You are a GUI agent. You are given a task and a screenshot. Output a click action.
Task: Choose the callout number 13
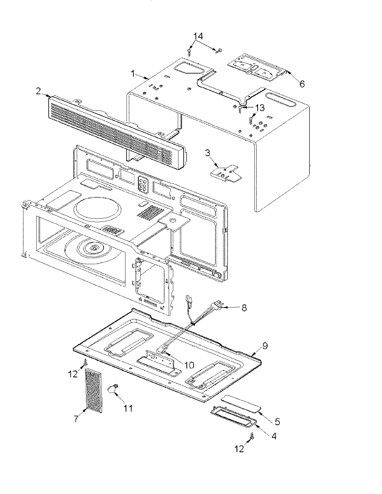259,108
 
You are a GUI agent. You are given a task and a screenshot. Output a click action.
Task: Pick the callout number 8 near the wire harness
244,308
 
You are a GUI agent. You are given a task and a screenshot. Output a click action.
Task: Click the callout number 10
189,365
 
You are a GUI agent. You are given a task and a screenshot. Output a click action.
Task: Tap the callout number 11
128,408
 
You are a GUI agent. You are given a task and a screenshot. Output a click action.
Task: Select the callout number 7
76,419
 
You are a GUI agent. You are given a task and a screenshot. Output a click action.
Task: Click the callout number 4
273,436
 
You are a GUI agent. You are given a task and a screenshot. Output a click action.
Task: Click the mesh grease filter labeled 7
95,391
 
